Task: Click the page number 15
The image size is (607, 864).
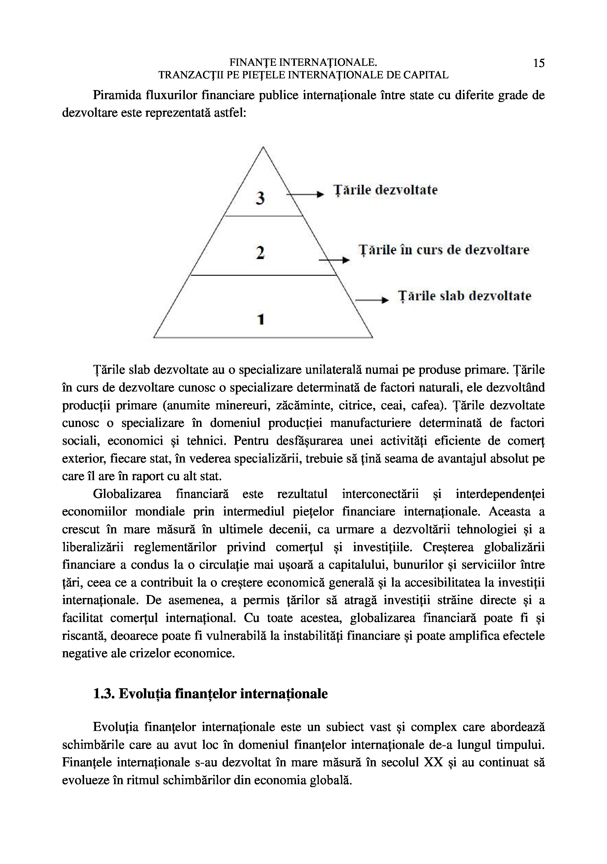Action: [x=539, y=63]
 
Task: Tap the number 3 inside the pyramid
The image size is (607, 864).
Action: [x=260, y=198]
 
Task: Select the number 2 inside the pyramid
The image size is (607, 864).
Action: [x=260, y=253]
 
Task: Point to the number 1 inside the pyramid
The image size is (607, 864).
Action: [x=260, y=319]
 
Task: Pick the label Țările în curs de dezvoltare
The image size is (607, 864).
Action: [x=444, y=250]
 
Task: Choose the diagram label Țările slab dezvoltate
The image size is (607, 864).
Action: [x=465, y=296]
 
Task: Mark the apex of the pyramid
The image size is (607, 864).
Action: [x=263, y=147]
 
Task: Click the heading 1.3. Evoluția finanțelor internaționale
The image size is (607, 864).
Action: [x=210, y=694]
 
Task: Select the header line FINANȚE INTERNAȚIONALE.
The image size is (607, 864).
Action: [x=303, y=63]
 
